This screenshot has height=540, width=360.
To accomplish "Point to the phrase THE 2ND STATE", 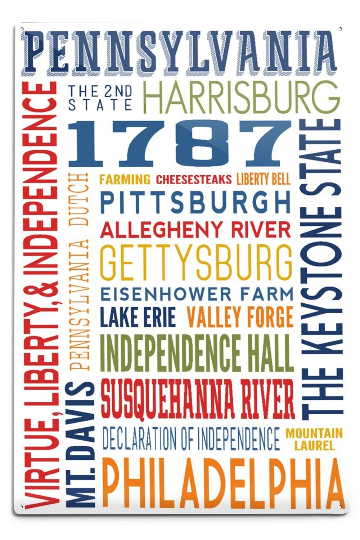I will tap(100, 98).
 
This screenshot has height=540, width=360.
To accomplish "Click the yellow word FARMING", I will tap(125, 179).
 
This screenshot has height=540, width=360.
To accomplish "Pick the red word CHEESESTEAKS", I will tap(194, 179).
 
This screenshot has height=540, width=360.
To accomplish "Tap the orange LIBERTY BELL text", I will tap(263, 179).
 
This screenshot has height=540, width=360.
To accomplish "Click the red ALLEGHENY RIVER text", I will tap(195, 229).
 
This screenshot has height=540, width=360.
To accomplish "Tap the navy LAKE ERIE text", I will tap(138, 317).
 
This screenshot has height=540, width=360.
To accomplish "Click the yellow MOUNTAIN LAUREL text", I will tap(314, 439).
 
